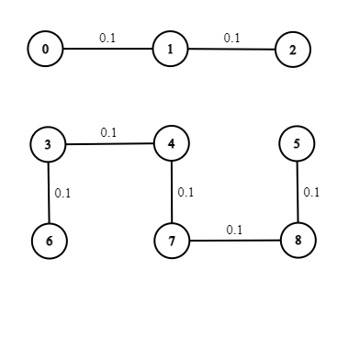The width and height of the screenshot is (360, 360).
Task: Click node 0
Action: pos(45,50)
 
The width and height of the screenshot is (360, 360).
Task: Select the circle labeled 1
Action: pos(170,50)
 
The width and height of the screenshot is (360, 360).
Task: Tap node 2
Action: pos(293,51)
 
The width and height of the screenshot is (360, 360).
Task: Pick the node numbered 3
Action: pos(48,144)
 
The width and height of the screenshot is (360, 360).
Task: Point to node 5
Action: pos(297,143)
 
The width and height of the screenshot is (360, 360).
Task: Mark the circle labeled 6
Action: pos(49,241)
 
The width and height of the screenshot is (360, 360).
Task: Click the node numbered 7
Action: pos(173,242)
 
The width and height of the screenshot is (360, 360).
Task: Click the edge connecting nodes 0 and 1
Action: pos(107,50)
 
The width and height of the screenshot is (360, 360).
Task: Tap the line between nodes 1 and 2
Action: pos(231,50)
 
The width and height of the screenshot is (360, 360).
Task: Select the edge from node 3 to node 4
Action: pos(110,143)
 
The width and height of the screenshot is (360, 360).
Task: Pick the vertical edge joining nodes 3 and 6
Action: pos(48,193)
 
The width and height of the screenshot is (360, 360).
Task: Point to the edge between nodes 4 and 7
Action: pos(173,192)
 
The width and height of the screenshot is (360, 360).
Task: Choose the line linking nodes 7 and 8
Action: pos(235,241)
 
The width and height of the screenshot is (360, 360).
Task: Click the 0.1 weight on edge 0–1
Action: pos(107,39)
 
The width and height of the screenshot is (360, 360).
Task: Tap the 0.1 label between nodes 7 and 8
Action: pos(234,230)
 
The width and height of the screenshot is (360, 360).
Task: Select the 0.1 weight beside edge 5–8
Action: pos(311,192)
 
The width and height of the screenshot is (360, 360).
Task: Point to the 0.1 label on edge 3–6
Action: pos(62,193)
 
